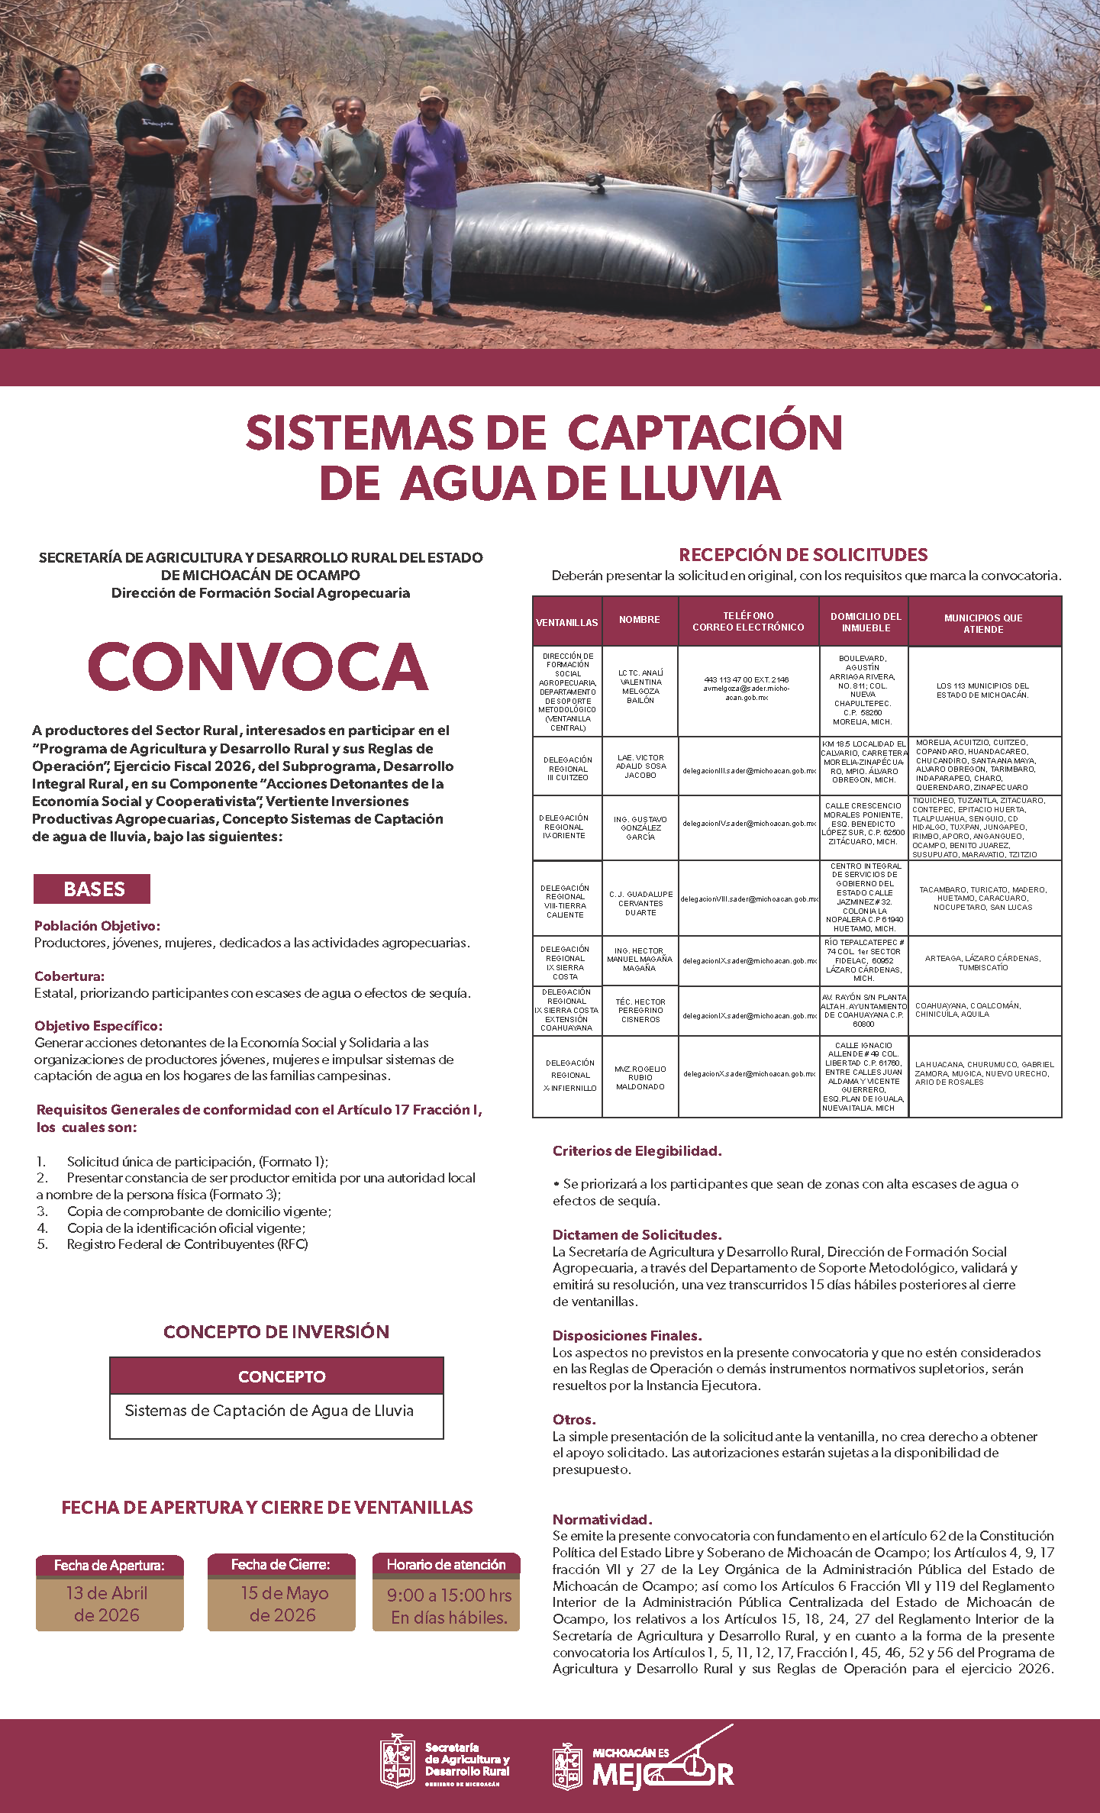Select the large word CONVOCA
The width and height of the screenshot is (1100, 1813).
pos(258,666)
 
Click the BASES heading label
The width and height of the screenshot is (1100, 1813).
pos(92,889)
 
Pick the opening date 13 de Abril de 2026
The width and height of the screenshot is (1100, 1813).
pos(109,1604)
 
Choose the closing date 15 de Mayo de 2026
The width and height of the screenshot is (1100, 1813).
pos(282,1604)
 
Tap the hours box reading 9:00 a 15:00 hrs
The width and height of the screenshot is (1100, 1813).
pos(447,1605)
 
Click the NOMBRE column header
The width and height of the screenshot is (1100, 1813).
pos(640,620)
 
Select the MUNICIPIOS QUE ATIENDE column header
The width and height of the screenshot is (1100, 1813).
pos(983,623)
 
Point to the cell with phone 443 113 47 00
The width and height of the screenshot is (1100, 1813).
pos(747,688)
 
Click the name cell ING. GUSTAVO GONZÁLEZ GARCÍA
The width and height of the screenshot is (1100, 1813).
pos(640,827)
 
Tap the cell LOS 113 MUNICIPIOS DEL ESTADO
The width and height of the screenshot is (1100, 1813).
pos(983,690)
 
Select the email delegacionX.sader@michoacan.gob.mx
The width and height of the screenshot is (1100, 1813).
pos(749,1073)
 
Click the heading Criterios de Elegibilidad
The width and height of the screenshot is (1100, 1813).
pos(637,1150)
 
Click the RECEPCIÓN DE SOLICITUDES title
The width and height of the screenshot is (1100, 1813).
pos(803,555)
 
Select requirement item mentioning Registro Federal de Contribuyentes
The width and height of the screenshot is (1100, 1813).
pos(187,1244)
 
